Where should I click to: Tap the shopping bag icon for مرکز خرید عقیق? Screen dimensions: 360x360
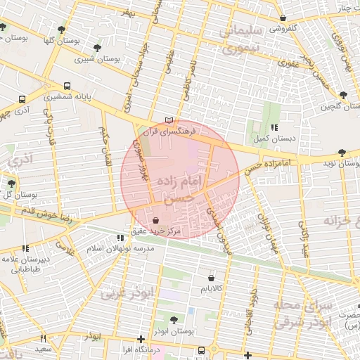click(155, 221)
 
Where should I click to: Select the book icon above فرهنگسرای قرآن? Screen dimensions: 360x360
click(167, 120)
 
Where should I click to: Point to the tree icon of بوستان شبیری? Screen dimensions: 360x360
click(96, 48)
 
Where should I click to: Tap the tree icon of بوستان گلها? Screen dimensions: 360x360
click(62, 30)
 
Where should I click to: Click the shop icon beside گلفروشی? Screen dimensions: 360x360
click(283, 19)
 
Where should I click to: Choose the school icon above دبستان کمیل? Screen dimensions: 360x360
click(274, 127)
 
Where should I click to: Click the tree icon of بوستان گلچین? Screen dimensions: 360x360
click(343, 95)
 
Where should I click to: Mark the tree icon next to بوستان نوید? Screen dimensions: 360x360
click(342, 152)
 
